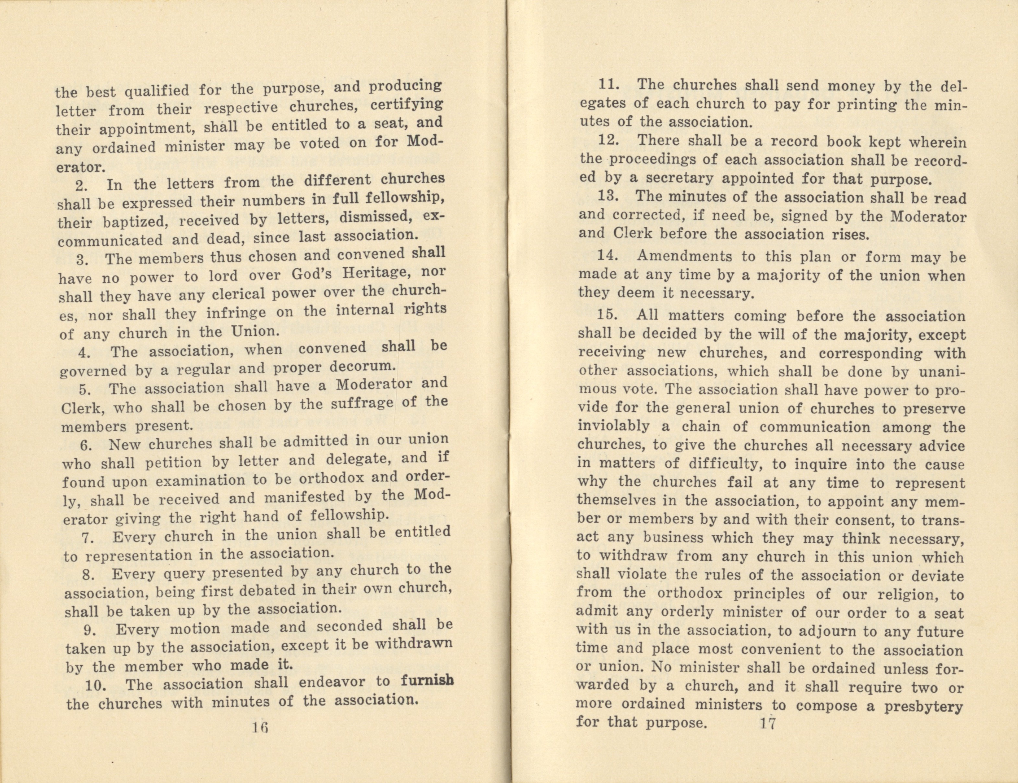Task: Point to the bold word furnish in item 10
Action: (x=427, y=681)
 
